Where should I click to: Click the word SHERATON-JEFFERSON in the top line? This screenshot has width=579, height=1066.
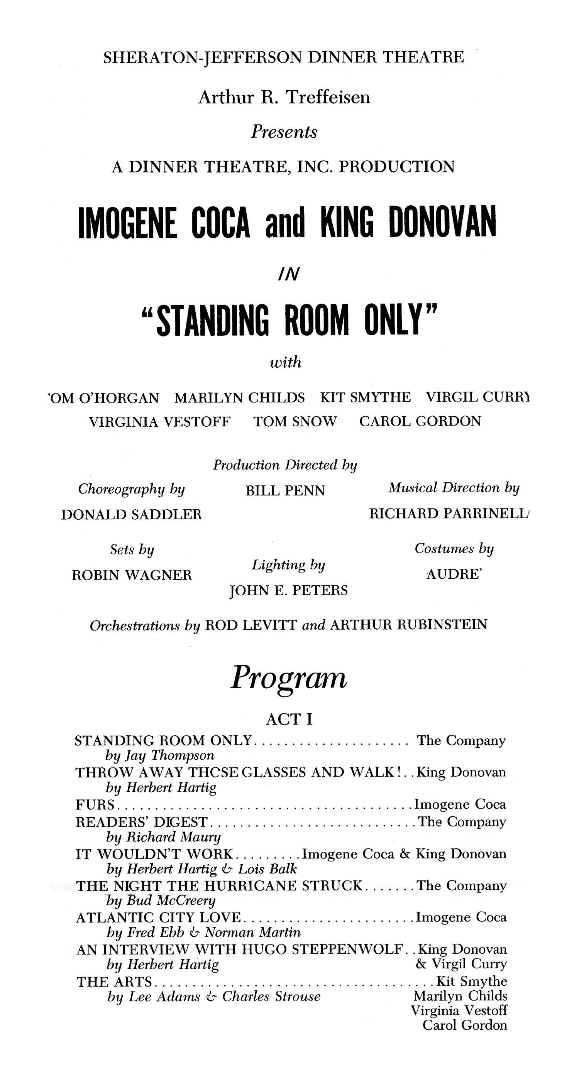point(203,57)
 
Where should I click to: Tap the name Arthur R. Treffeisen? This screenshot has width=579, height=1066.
point(284,98)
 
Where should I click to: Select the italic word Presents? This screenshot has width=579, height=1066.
point(284,132)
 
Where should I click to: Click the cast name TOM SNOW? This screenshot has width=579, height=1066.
point(295,422)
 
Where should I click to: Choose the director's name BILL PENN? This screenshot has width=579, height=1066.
point(285,491)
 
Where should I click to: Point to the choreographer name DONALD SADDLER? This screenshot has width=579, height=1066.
point(132,515)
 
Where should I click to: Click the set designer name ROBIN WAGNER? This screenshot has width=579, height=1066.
point(132,575)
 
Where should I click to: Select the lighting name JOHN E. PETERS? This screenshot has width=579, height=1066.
point(289,591)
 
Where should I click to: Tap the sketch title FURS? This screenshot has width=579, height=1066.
point(95,804)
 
